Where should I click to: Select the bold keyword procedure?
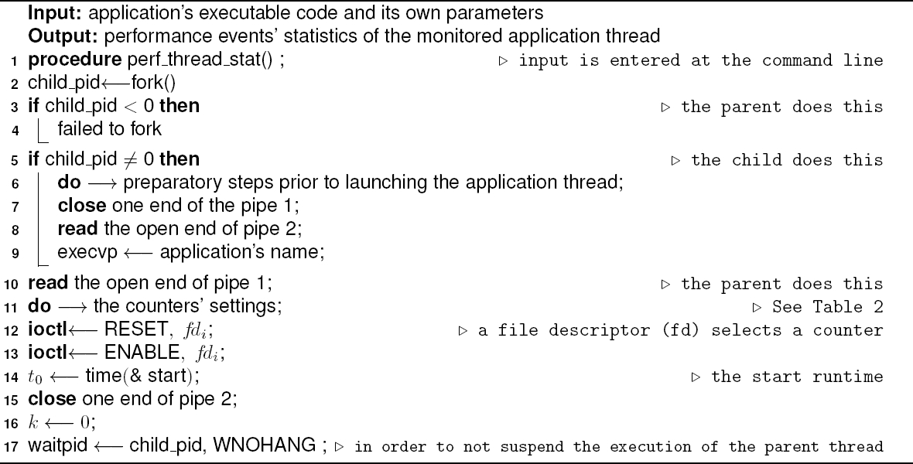pyautogui.click(x=61, y=61)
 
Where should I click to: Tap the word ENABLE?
pyautogui.click(x=132, y=353)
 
